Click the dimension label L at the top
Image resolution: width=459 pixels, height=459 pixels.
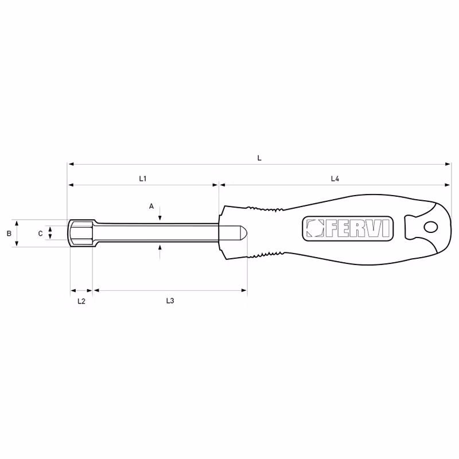[259, 158]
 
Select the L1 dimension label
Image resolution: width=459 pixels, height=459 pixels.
[142, 178]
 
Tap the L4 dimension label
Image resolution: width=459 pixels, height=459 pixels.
[335, 178]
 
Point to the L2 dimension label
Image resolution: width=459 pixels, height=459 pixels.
[81, 301]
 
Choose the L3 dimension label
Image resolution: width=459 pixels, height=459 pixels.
[170, 301]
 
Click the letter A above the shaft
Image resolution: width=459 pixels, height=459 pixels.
[151, 207]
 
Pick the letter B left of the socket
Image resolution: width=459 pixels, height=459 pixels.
[9, 234]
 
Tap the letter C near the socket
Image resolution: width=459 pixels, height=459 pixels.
[41, 234]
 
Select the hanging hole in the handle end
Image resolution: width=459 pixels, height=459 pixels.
[431, 227]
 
